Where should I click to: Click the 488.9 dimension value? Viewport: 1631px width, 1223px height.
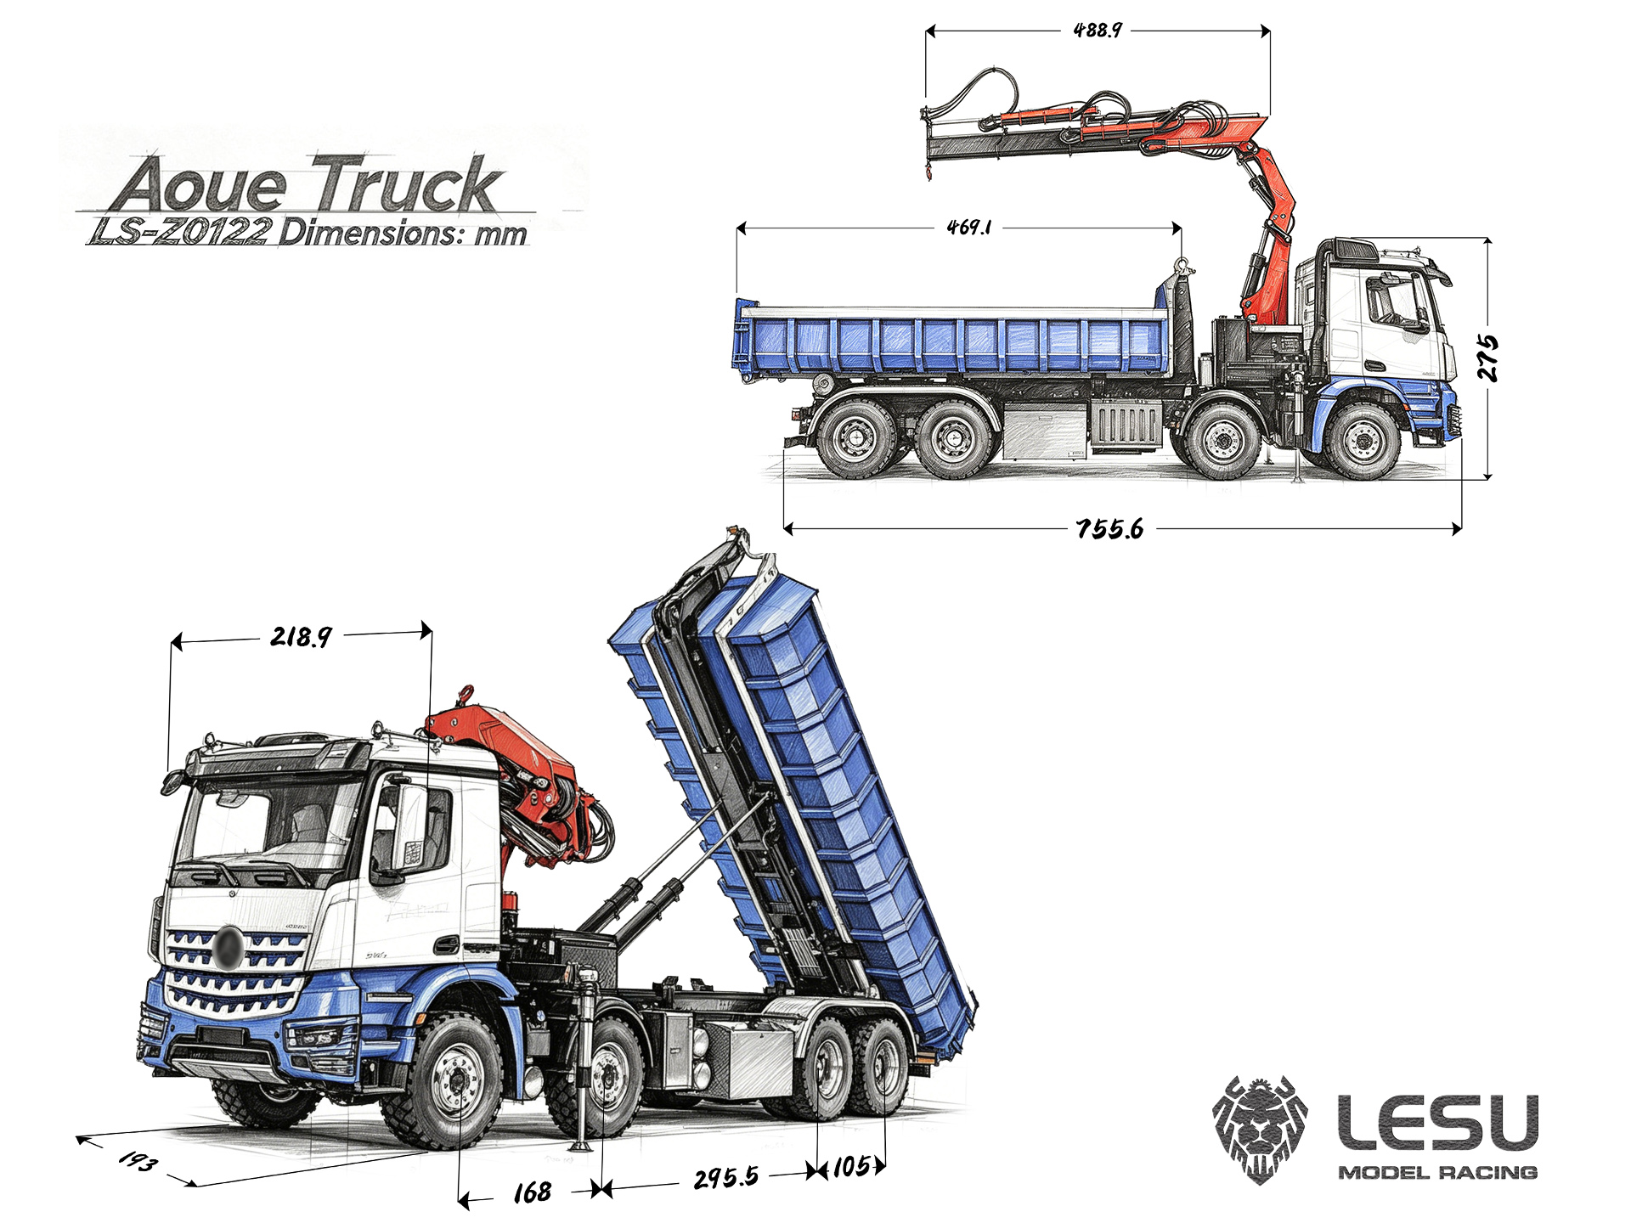(1098, 31)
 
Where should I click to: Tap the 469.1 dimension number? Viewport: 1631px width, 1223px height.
(969, 228)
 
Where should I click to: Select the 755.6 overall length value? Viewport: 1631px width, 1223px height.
(1109, 529)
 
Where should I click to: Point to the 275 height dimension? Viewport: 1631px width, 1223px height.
(1487, 358)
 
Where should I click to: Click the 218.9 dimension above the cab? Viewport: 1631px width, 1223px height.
(302, 636)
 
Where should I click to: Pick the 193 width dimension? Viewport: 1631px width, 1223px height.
(138, 1160)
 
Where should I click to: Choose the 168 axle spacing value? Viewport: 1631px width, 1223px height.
(533, 1192)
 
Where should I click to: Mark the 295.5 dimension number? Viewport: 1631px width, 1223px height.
(726, 1178)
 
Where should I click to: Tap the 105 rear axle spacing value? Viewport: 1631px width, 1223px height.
(851, 1167)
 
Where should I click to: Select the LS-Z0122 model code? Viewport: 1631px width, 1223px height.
(181, 232)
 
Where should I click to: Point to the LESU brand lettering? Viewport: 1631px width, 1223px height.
(1438, 1122)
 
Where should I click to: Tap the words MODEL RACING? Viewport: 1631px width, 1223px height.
(1438, 1173)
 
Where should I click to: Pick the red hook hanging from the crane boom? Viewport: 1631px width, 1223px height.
(928, 172)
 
